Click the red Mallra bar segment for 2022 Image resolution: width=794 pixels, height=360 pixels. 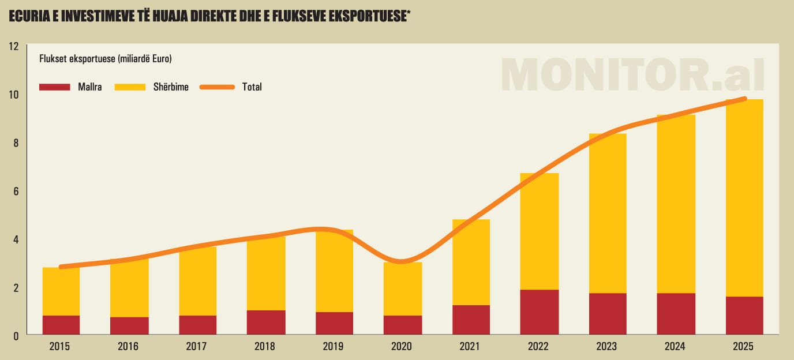pyautogui.click(x=539, y=312)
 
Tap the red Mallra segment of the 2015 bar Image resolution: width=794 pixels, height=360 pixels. pyautogui.click(x=61, y=325)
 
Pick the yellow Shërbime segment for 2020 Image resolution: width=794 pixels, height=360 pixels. pyautogui.click(x=402, y=288)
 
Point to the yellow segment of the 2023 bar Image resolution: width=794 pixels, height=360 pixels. pyautogui.click(x=607, y=213)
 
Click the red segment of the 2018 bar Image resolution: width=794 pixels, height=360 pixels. pyautogui.click(x=265, y=322)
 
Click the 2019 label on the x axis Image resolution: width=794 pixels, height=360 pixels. pyautogui.click(x=334, y=347)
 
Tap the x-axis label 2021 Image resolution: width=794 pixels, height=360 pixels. pyautogui.click(x=470, y=347)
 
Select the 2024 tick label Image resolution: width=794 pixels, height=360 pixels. pyautogui.click(x=676, y=347)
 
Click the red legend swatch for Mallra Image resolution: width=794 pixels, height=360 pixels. pyautogui.click(x=54, y=87)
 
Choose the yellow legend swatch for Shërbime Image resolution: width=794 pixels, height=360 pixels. pyautogui.click(x=130, y=87)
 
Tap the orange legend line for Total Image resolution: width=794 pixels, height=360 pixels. pyautogui.click(x=217, y=87)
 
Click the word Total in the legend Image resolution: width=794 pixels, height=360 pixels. pyautogui.click(x=252, y=87)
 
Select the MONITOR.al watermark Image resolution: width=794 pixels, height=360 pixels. pyautogui.click(x=632, y=74)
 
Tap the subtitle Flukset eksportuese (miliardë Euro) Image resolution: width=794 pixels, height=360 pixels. pyautogui.click(x=106, y=58)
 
